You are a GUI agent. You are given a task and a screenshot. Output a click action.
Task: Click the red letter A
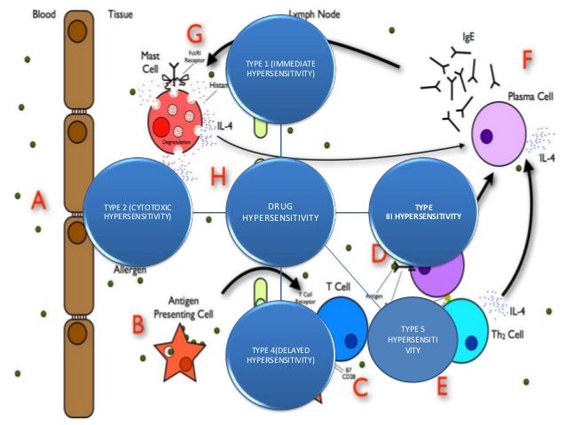coord(39,201)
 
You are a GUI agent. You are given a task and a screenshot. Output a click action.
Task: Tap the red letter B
coord(138,325)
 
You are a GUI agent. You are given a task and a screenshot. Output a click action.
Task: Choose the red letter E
coord(442,385)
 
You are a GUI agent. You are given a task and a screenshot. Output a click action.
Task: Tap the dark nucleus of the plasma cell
coord(487,136)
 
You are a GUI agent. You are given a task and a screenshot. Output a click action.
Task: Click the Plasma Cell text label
coord(527,93)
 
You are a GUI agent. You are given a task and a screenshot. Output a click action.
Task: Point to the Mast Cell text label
coord(153,60)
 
